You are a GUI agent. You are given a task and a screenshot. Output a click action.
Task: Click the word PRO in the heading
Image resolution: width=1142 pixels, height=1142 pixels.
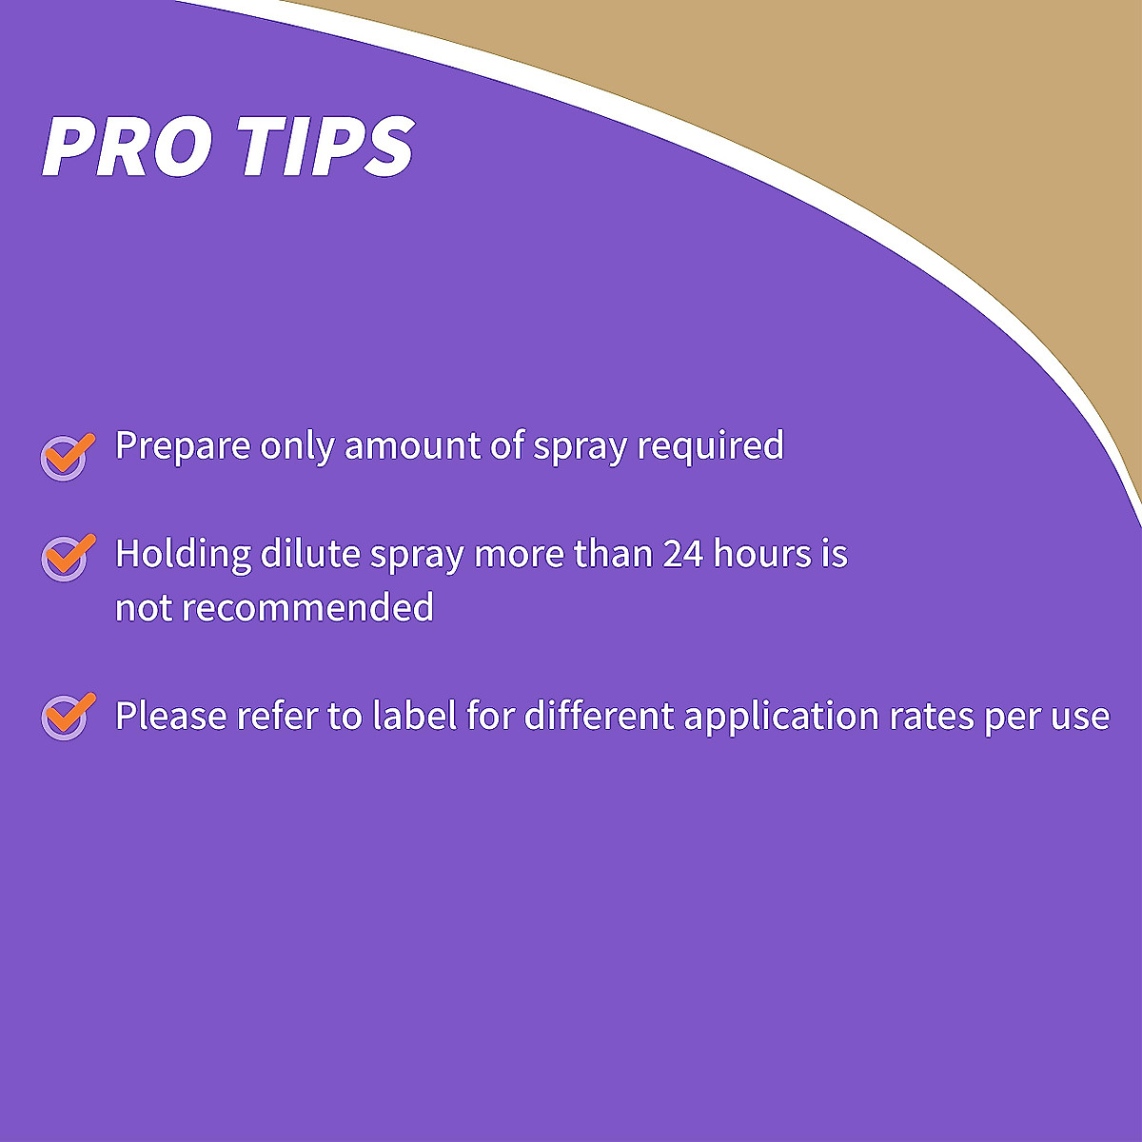127,146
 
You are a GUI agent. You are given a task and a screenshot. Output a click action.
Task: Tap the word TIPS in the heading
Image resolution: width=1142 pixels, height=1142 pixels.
329,146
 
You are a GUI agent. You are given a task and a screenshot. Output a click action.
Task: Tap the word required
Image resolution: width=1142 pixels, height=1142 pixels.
710,445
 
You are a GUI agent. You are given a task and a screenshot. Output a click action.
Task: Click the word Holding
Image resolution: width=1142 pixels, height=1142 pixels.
183,554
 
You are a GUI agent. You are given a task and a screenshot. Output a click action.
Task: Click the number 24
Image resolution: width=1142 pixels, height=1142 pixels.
682,554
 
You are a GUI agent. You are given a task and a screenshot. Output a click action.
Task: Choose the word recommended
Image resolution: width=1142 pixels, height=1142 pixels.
307,607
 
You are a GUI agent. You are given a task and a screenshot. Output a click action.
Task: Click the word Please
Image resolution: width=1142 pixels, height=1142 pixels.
171,716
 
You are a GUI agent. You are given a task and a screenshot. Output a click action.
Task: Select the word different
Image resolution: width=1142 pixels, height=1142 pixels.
599,715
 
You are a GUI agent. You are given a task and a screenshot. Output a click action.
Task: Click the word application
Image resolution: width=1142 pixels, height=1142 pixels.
781,717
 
